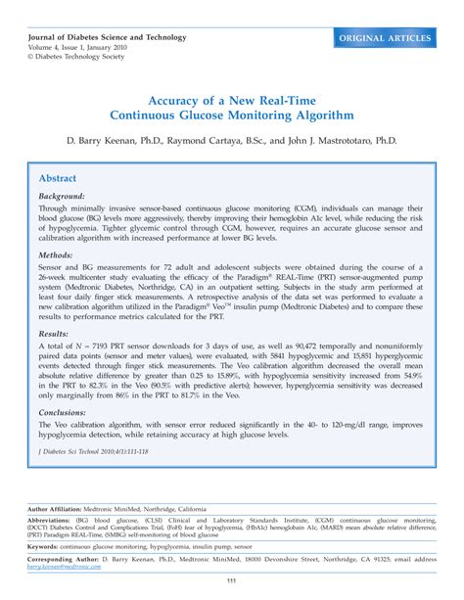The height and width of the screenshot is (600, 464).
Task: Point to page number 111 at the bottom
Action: click(x=232, y=583)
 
